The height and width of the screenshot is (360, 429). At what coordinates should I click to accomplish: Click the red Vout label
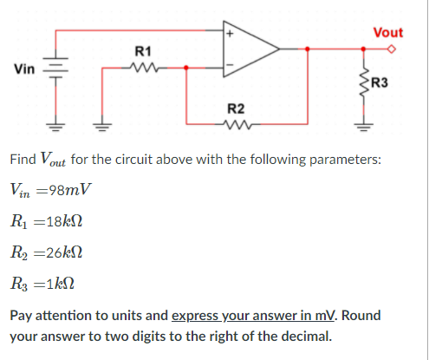[387, 32]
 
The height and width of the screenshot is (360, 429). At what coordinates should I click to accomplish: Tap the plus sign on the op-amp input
[230, 35]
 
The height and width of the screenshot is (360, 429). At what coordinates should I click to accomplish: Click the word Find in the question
[23, 160]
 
